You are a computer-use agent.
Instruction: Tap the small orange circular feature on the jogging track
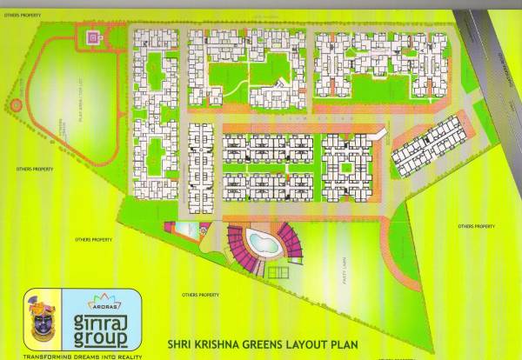coord(16,105)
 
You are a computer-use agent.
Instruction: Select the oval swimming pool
coord(258,238)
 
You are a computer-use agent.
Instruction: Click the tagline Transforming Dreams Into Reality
coord(83,355)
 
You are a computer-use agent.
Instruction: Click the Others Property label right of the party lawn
coord(477,226)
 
